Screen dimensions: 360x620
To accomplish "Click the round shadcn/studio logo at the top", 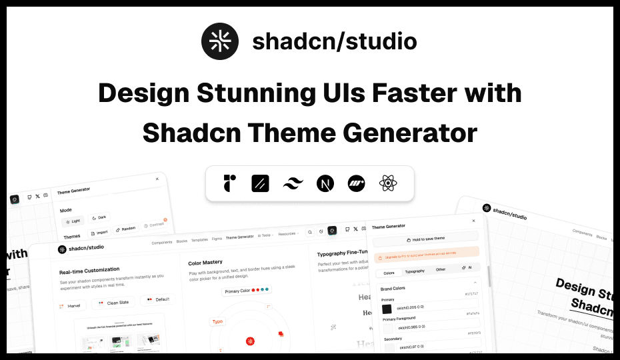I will tap(220, 41).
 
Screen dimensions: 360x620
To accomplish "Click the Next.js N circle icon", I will tap(325, 183).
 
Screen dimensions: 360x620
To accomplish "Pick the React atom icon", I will tap(388, 183).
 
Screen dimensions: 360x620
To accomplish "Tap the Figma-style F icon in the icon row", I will tap(230, 183).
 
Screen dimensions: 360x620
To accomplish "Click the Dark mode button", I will tap(99, 217).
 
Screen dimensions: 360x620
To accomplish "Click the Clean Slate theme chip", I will tap(113, 302).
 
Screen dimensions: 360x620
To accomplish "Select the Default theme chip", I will tap(159, 299).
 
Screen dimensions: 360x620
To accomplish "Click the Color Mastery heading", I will tap(205, 262).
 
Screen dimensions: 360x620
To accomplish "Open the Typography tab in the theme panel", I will tap(415, 271).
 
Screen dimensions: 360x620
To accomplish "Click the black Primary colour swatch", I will tap(387, 309).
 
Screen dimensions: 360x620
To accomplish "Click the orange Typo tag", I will tap(217, 321).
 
